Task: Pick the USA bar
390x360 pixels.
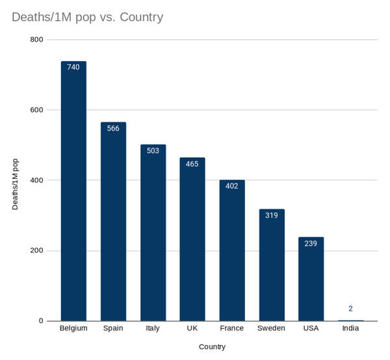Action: point(311,279)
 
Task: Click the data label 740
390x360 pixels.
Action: point(73,67)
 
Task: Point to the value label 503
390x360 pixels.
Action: point(153,150)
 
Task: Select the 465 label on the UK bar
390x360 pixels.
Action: point(192,164)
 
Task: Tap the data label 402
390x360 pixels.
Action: point(231,186)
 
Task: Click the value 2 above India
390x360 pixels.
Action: point(350,309)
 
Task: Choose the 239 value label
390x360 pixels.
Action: point(311,243)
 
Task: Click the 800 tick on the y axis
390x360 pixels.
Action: point(36,40)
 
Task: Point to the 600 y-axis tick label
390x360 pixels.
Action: point(36,110)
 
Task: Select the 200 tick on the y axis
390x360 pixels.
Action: point(36,251)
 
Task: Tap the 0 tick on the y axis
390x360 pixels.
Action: point(40,321)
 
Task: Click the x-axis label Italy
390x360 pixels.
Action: point(153,328)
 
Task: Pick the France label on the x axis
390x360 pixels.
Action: point(231,328)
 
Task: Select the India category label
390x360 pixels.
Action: point(350,328)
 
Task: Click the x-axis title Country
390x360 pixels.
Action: point(212,346)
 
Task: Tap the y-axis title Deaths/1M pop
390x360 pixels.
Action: point(16,183)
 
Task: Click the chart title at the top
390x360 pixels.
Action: point(87,17)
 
